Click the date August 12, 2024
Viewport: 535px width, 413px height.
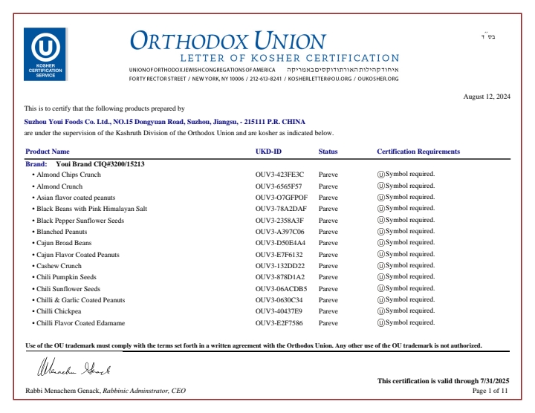[487, 97]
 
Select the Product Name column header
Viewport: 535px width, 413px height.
[48, 152]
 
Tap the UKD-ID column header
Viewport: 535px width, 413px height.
[268, 152]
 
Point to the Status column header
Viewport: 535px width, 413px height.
[328, 152]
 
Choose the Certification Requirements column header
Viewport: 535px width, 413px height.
[418, 152]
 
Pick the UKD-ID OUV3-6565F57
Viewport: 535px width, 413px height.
[279, 186]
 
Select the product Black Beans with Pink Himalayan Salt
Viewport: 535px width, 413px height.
[91, 209]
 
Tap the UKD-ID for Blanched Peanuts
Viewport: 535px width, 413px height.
[279, 232]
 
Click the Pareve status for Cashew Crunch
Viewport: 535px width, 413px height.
[328, 266]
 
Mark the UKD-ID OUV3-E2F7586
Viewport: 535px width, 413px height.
[279, 323]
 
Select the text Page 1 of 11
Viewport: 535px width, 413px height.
[490, 390]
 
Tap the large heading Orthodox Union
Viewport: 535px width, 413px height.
[227, 40]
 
